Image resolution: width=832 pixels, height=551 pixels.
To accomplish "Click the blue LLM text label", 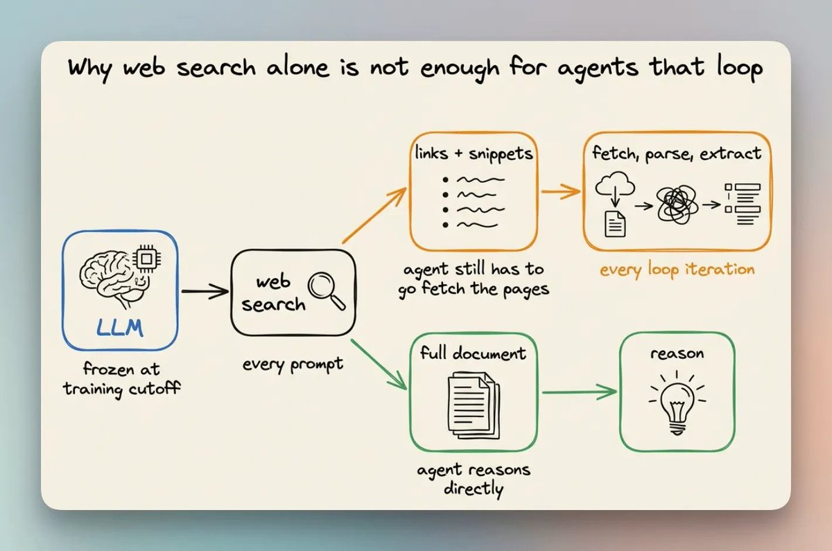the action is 119,328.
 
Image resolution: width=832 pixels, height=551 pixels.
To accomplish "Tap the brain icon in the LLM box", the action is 112,279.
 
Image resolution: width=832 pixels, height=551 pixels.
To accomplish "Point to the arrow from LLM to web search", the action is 205,292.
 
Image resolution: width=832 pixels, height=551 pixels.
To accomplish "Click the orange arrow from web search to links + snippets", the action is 374,216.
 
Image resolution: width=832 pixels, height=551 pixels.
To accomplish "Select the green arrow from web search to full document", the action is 379,365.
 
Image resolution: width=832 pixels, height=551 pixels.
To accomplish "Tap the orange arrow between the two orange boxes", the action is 561,191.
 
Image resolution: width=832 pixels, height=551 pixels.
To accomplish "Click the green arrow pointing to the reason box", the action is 580,392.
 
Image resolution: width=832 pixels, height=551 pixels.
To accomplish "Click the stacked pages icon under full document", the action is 474,406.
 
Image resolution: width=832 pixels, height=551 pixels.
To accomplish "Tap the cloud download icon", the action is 615,204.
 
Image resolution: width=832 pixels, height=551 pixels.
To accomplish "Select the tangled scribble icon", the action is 677,204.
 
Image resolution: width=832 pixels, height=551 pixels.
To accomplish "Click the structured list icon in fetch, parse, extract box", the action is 743,204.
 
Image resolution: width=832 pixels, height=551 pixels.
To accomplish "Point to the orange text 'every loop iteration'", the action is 677,270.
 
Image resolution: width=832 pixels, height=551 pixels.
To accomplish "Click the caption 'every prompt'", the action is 293,365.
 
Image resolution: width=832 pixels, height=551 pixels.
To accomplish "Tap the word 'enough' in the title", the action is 460,69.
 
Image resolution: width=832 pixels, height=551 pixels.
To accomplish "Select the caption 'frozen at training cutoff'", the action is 121,379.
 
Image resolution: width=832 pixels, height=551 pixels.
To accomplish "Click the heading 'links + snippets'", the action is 474,154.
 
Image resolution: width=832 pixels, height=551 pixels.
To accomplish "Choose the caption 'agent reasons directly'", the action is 474,480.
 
